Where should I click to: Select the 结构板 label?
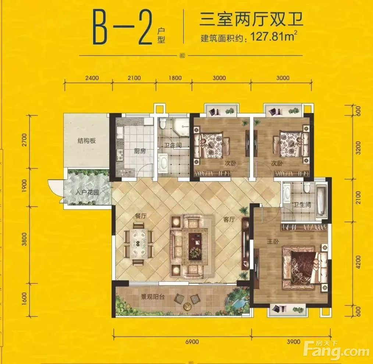[x=86, y=141]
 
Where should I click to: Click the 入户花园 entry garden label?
[x=87, y=192]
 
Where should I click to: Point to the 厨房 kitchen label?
[x=140, y=151]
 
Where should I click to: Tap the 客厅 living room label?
[x=229, y=219]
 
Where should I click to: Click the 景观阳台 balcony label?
[x=153, y=297]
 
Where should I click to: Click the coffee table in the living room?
[x=195, y=246]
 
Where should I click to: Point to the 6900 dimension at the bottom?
[x=192, y=342]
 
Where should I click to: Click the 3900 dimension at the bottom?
[x=293, y=342]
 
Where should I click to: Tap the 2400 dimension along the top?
[x=92, y=78]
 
